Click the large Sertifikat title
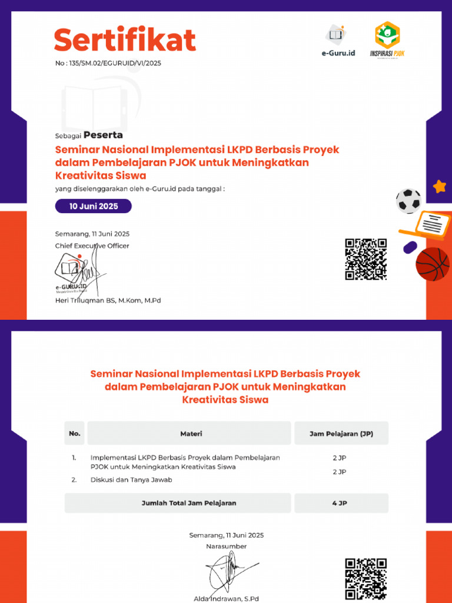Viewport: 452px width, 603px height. [125, 41]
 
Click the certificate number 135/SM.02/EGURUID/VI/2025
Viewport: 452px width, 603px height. [108, 63]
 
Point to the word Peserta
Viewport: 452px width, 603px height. [103, 135]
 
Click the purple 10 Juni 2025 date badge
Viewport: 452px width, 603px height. [94, 206]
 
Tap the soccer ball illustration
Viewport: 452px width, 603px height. [408, 200]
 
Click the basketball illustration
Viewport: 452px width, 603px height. [433, 264]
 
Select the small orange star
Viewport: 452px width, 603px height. [439, 187]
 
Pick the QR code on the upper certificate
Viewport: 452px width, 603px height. [365, 259]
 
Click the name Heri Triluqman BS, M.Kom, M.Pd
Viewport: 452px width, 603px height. [108, 300]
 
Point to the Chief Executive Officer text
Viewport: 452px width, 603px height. [92, 246]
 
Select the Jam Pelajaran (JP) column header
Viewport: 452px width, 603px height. [341, 433]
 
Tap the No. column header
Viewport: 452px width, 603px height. [74, 433]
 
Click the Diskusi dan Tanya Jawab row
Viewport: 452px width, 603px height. [131, 479]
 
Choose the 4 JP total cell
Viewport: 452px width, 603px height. [341, 503]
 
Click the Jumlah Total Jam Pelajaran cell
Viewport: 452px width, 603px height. [189, 503]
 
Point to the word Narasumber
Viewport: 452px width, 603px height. [226, 546]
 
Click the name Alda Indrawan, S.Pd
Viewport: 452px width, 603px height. [226, 599]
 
